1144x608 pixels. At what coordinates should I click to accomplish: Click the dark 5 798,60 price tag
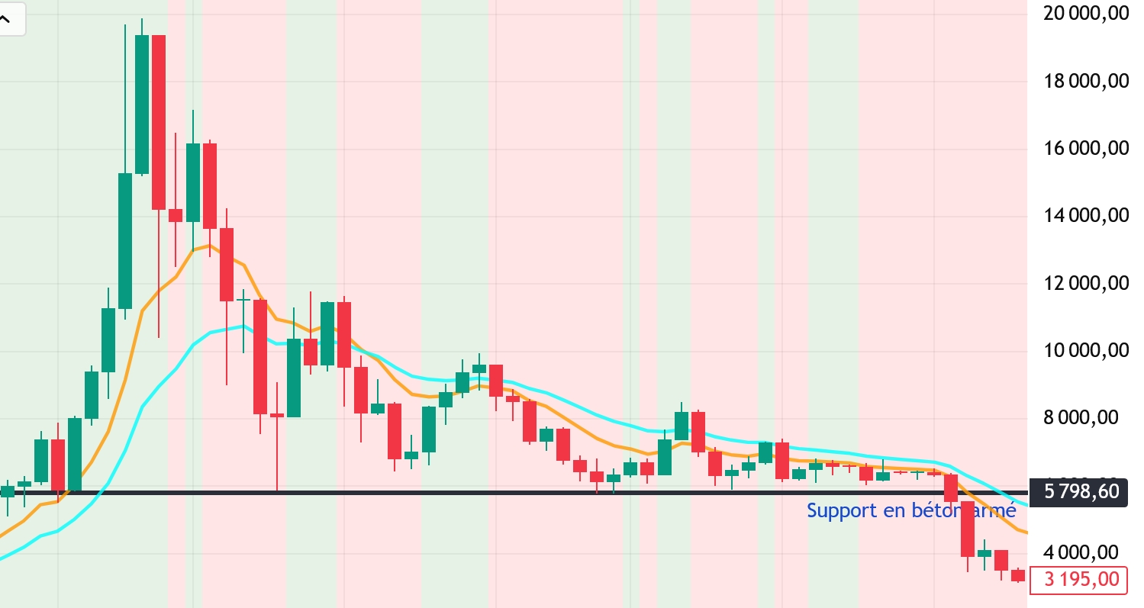pos(1078,492)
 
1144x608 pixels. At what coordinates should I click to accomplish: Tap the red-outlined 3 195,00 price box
pos(1078,580)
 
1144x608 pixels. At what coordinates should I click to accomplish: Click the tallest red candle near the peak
pos(159,122)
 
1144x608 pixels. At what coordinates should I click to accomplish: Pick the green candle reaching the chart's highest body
pos(142,104)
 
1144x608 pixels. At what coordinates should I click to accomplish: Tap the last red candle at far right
pos(1018,575)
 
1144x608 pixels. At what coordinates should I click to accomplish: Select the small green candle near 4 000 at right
pos(984,553)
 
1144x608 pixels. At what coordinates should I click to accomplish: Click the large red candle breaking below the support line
pos(968,529)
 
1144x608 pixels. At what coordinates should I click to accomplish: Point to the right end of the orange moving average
pos(1026,532)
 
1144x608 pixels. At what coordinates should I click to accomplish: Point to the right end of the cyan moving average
pos(1026,505)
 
